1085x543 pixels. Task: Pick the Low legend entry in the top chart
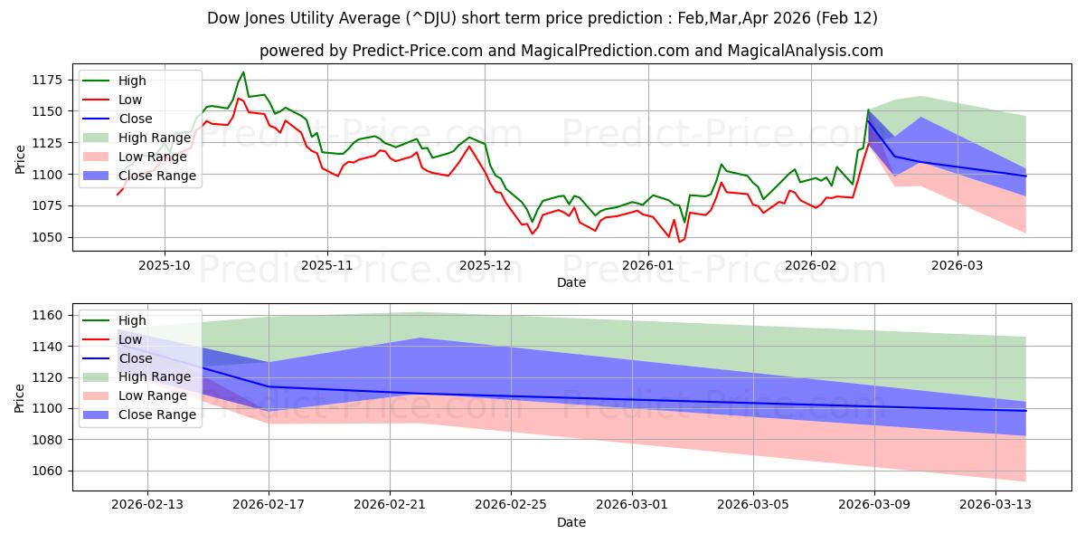click(x=130, y=100)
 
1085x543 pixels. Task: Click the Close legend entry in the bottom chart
click(x=136, y=358)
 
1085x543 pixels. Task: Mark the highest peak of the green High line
click(x=243, y=72)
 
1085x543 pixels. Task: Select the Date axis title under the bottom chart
click(x=571, y=522)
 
